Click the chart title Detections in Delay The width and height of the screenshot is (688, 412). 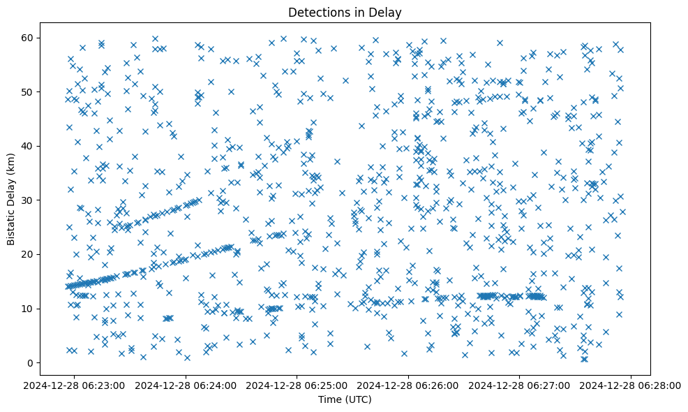pyautogui.click(x=345, y=13)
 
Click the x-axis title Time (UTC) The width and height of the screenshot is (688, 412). pyautogui.click(x=345, y=400)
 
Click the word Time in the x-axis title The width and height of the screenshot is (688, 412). pyautogui.click(x=330, y=400)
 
